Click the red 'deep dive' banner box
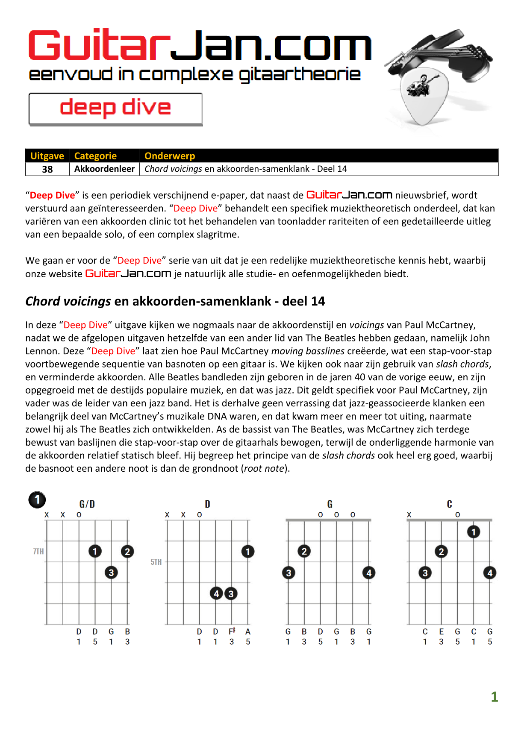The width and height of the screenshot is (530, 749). tap(115, 109)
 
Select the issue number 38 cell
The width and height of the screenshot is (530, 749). tap(47, 169)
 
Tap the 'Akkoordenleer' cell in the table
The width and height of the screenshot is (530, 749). tap(104, 169)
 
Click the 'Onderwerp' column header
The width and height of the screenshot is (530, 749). tap(170, 156)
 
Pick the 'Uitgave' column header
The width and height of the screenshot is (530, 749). tap(47, 156)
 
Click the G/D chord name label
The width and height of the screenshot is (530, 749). tap(87, 504)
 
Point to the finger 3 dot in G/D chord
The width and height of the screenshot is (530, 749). tap(111, 573)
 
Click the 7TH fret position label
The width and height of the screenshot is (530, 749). tap(38, 552)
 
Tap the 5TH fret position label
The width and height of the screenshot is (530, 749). tap(156, 562)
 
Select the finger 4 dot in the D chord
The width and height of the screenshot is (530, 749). tap(216, 593)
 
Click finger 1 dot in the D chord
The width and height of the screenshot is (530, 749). tap(248, 552)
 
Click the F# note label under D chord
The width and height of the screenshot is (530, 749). tap(232, 632)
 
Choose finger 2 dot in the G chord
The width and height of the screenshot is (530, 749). tap(304, 552)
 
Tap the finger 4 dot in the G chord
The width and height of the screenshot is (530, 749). tap(369, 573)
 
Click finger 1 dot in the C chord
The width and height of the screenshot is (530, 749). tap(473, 532)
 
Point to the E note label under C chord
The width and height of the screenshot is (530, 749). tap(441, 632)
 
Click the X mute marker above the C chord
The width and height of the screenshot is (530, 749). tap(409, 515)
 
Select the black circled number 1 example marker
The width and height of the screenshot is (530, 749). tap(37, 499)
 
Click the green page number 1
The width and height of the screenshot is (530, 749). tap(495, 697)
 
